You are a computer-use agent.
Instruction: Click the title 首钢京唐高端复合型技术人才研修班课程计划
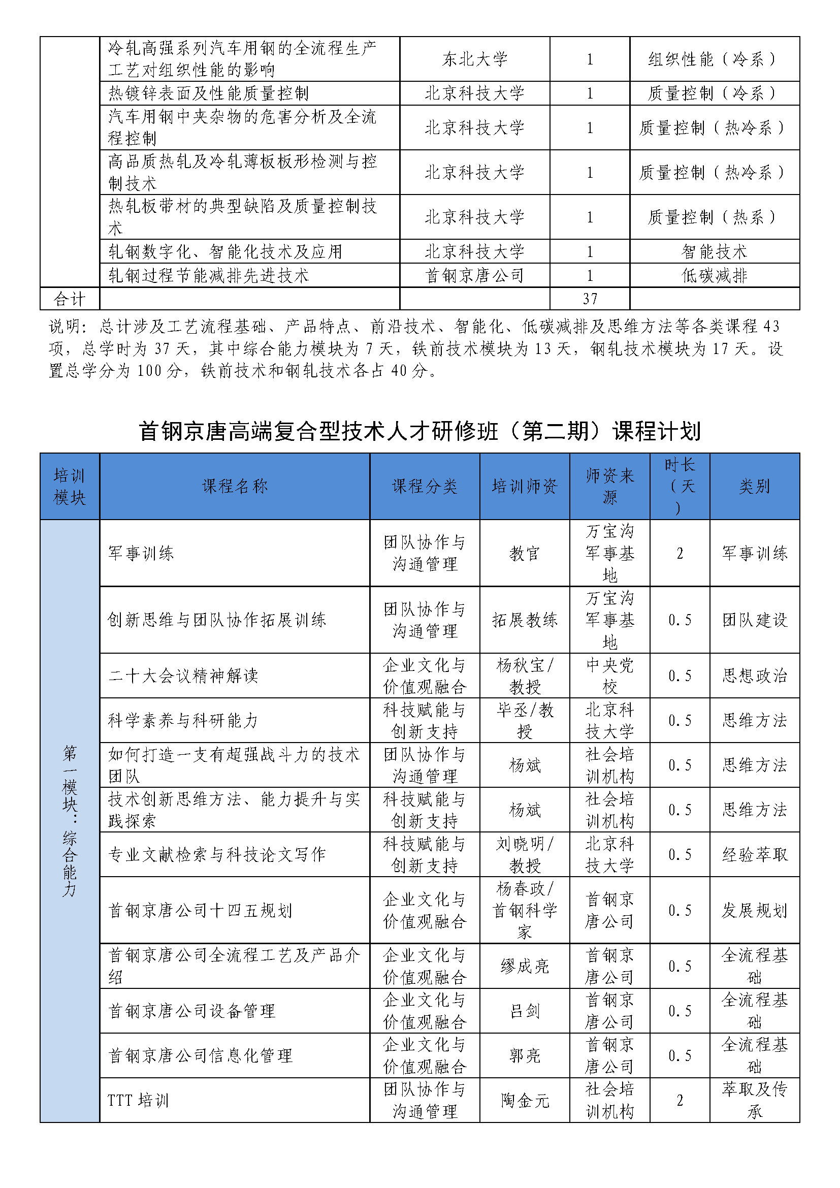(x=419, y=431)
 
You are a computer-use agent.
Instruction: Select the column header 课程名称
(x=234, y=486)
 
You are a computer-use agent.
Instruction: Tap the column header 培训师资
(x=525, y=486)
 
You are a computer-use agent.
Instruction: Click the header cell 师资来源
(x=609, y=486)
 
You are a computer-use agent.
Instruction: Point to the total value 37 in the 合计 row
(x=590, y=299)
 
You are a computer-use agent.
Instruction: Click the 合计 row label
(x=69, y=299)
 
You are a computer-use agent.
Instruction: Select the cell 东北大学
(x=474, y=59)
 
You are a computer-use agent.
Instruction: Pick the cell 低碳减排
(x=715, y=275)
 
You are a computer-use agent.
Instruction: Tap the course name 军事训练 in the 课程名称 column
(x=141, y=553)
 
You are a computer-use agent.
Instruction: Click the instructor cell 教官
(x=525, y=553)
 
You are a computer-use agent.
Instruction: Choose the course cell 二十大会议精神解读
(x=183, y=675)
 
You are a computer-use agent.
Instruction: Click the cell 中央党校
(x=609, y=675)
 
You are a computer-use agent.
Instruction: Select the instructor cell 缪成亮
(x=525, y=966)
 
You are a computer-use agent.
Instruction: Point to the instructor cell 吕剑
(x=525, y=1011)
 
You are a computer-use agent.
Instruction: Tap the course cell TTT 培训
(x=138, y=1100)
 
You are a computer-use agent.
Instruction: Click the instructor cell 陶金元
(x=525, y=1100)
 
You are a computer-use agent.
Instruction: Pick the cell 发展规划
(x=754, y=910)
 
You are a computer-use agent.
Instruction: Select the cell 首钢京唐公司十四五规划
(x=200, y=910)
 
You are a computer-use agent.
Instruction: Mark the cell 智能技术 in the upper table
(x=715, y=251)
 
